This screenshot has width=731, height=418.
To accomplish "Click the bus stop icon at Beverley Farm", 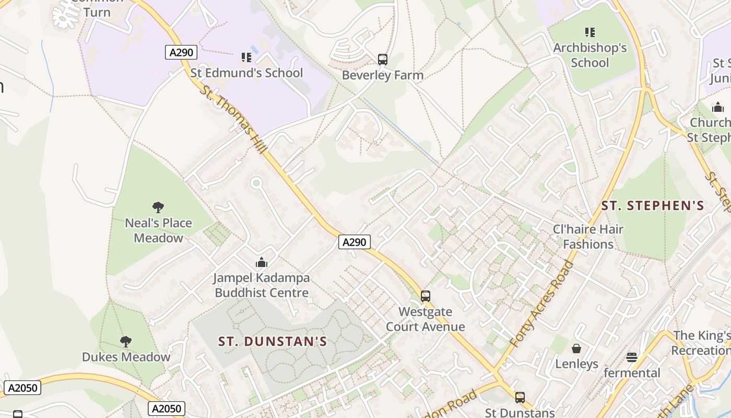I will click(x=383, y=60).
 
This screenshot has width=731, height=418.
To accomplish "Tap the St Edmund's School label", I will click(x=246, y=73).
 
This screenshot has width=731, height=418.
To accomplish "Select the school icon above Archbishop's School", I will click(x=590, y=32).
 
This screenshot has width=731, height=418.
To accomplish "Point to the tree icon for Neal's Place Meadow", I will click(x=158, y=207).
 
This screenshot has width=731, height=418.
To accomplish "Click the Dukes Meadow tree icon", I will click(x=125, y=342).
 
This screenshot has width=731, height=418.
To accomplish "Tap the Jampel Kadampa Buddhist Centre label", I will click(x=262, y=285).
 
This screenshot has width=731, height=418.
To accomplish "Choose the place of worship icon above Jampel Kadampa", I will click(x=262, y=262).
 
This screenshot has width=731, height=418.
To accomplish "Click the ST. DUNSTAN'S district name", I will click(x=273, y=342).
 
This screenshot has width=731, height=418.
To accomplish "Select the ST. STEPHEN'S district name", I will click(x=653, y=205).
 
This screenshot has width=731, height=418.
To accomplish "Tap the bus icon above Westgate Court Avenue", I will click(x=426, y=296).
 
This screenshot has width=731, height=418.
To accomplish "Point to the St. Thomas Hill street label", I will click(x=233, y=120).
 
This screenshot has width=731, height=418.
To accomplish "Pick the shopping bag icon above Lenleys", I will click(x=576, y=349).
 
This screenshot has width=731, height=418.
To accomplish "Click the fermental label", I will click(x=632, y=373).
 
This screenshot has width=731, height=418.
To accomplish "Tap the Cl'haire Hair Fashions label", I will click(x=588, y=237).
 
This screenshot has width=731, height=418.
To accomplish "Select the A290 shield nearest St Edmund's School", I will click(x=181, y=52).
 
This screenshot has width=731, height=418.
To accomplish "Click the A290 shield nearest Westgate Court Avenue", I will click(x=355, y=242).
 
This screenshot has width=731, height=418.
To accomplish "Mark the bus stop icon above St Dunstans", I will click(x=520, y=398).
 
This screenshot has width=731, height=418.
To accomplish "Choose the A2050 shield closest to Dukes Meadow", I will click(x=22, y=388).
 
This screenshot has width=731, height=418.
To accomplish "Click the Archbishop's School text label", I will click(x=589, y=55).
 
